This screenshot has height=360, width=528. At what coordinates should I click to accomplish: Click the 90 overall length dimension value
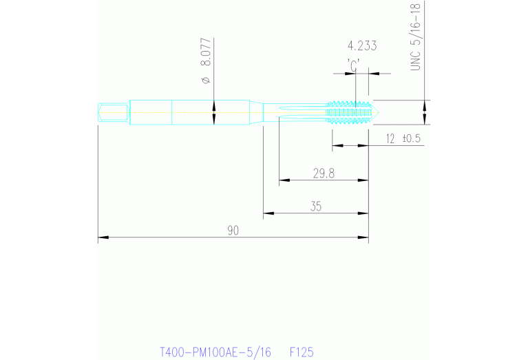click(233, 231)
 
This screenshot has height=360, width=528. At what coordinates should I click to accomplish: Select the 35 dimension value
click(316, 206)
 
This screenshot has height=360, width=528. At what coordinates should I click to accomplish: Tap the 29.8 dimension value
click(323, 174)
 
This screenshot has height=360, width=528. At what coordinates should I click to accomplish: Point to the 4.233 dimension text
click(362, 47)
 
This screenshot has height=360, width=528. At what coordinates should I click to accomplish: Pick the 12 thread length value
click(390, 138)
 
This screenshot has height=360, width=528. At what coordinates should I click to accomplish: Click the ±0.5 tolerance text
click(412, 138)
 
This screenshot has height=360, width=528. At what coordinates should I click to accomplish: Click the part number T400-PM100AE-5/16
click(215, 352)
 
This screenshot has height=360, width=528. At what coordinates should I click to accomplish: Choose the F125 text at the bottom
click(302, 352)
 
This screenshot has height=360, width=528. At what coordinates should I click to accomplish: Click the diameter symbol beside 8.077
click(205, 83)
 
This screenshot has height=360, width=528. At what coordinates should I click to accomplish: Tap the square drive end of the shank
click(112, 112)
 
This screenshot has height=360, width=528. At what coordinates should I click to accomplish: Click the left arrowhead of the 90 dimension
click(102, 238)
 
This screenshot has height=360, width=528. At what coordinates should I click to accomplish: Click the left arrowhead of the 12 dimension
click(337, 146)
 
